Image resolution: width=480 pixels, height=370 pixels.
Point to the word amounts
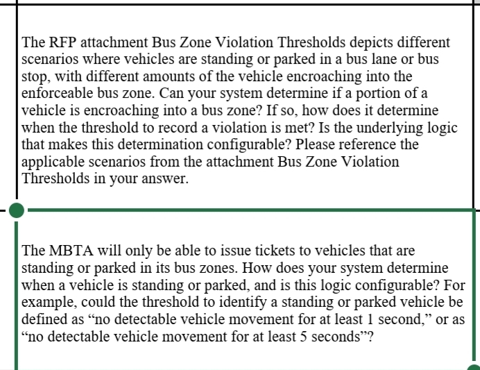pos(216,76)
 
